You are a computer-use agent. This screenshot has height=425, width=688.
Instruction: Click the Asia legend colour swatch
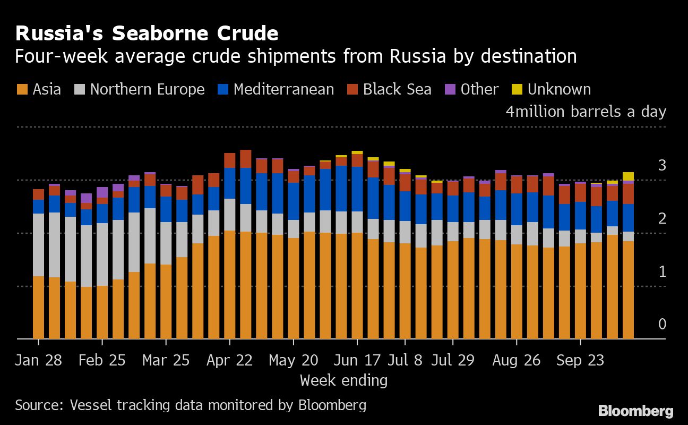[23, 90]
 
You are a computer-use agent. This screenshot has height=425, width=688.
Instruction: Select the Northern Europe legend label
[147, 89]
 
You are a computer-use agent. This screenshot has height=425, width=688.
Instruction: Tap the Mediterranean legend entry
[283, 89]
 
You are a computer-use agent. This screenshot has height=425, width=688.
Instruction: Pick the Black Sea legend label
[397, 89]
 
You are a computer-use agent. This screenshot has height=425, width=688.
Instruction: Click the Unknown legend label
[559, 89]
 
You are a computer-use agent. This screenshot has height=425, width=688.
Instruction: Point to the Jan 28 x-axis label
[38, 360]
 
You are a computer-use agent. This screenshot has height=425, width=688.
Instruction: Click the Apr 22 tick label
[229, 360]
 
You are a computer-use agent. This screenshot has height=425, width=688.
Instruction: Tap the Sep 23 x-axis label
[580, 360]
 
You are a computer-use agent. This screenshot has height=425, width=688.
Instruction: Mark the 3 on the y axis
[661, 165]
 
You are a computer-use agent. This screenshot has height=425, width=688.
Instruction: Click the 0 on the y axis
[661, 324]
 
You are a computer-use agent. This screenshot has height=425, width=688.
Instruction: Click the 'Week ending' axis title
[343, 380]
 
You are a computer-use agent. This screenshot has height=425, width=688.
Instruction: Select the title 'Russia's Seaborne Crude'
[147, 33]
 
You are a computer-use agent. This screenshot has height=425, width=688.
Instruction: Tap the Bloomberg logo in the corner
[635, 411]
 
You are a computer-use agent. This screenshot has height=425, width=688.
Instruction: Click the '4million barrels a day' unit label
[586, 112]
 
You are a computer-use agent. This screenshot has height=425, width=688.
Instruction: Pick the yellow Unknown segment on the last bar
[628, 176]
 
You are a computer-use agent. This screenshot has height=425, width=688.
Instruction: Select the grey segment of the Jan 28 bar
[38, 245]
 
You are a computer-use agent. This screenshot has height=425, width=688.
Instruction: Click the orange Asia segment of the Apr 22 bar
[229, 284]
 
